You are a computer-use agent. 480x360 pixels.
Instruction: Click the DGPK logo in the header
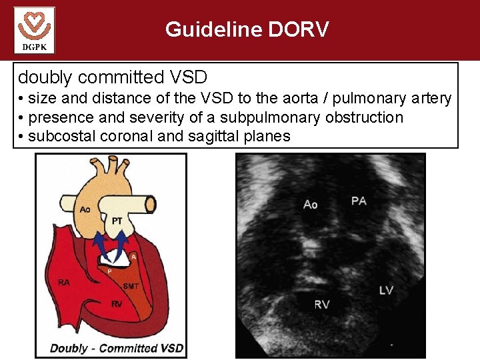[34, 30]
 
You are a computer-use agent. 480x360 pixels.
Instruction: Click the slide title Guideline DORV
[247, 29]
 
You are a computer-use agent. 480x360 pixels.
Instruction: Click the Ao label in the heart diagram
[85, 209]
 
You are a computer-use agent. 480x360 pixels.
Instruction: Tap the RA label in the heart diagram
[63, 282]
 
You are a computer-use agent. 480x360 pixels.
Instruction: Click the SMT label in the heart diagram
[131, 287]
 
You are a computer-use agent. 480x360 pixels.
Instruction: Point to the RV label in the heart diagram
[116, 304]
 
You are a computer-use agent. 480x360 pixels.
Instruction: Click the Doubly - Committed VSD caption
[117, 347]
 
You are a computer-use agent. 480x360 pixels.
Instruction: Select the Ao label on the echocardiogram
[310, 204]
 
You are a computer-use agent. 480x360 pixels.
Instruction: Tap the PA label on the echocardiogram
[359, 200]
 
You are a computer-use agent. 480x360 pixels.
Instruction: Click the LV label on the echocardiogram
[387, 290]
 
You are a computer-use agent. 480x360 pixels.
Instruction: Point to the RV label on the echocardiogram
[322, 305]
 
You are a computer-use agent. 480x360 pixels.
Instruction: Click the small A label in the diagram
[134, 255]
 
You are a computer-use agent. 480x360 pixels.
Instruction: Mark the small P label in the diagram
[109, 271]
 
